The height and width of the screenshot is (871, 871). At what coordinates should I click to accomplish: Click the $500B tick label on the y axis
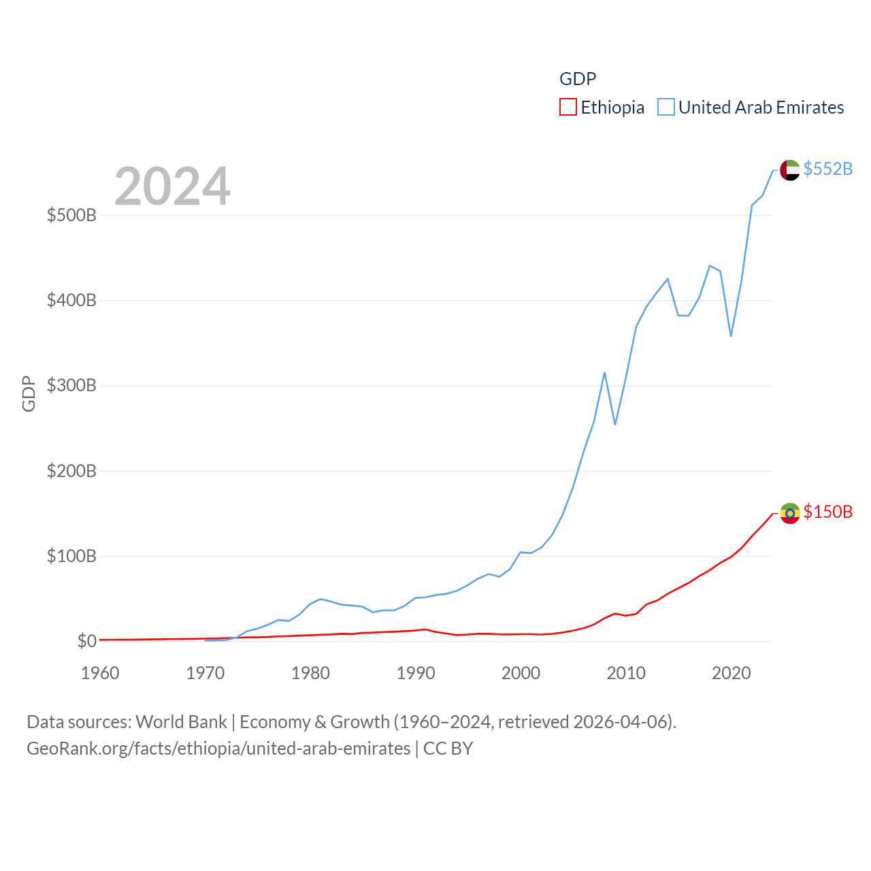(x=71, y=216)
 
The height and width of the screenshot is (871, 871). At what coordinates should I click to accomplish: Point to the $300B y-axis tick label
(x=71, y=386)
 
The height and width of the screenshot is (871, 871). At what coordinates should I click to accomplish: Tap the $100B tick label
(x=71, y=557)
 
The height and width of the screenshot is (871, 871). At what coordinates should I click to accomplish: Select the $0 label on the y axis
(x=86, y=641)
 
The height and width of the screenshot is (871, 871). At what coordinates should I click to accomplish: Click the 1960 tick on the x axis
(x=100, y=673)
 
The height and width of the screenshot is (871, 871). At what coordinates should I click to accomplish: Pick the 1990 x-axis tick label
(x=416, y=673)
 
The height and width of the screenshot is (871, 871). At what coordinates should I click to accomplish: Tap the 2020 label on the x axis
(x=731, y=673)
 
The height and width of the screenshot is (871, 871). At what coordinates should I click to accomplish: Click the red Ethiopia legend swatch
(x=568, y=107)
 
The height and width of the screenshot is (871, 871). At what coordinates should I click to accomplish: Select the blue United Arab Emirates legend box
(x=666, y=107)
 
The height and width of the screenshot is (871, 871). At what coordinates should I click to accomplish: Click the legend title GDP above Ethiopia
(x=578, y=79)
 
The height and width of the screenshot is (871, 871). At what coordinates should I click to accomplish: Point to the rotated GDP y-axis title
(x=29, y=393)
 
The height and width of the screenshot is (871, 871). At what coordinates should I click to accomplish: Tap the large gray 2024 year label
(x=172, y=186)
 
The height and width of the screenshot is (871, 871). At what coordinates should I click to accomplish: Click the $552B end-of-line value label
(x=827, y=169)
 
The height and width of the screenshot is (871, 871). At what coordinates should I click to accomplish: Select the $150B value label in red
(x=827, y=512)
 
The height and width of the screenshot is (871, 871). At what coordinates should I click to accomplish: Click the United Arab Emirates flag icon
(x=790, y=170)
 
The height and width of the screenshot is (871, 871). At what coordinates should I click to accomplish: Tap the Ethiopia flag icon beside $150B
(x=790, y=513)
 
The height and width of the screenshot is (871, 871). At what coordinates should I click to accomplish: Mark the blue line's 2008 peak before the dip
(x=604, y=373)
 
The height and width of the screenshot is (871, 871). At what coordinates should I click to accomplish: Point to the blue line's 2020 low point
(x=731, y=336)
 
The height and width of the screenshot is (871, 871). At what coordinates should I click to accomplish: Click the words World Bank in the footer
(x=181, y=722)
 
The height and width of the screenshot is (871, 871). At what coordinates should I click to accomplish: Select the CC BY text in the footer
(x=448, y=749)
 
